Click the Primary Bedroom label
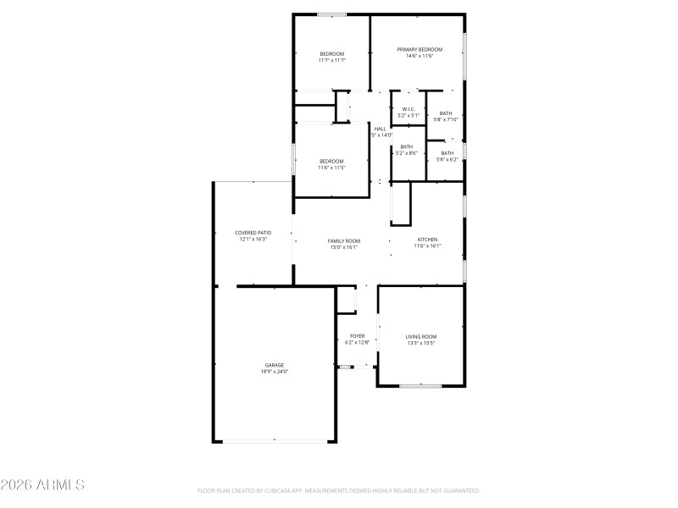420,49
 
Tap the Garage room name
274,365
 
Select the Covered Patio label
253,232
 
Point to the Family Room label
344,240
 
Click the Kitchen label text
427,240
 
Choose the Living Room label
421,336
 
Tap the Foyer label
358,335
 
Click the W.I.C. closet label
408,108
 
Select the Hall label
380,129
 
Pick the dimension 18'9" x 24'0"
274,372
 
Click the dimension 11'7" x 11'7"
331,60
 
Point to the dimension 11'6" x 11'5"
331,168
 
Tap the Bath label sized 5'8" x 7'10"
446,113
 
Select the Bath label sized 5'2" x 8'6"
407,146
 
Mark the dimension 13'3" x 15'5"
421,343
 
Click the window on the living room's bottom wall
420,386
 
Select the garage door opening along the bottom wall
274,441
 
